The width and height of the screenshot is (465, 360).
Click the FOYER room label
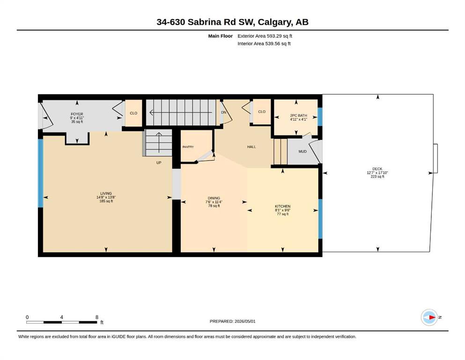[77, 114]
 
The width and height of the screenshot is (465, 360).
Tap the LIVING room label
[106, 193]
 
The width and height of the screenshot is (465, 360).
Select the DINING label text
[214, 198]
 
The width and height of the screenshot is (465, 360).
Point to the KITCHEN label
[283, 206]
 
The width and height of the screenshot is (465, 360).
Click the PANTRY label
[188, 147]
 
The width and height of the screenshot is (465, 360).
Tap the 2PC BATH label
[298, 115]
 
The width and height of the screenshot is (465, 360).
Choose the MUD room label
[303, 151]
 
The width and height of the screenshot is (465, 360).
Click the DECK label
[377, 169]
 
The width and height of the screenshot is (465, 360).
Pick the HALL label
[251, 147]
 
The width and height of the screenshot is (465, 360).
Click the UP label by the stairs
[159, 163]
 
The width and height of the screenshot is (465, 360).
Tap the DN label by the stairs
[224, 112]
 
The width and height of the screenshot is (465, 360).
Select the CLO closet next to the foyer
[133, 113]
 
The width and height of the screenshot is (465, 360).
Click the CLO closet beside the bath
[262, 112]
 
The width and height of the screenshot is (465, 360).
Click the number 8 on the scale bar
[96, 317]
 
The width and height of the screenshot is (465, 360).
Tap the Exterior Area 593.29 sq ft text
[265, 36]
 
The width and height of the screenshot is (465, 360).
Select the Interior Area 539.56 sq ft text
[264, 43]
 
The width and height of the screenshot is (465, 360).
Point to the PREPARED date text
[232, 321]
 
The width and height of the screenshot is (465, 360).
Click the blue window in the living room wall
[41, 173]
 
